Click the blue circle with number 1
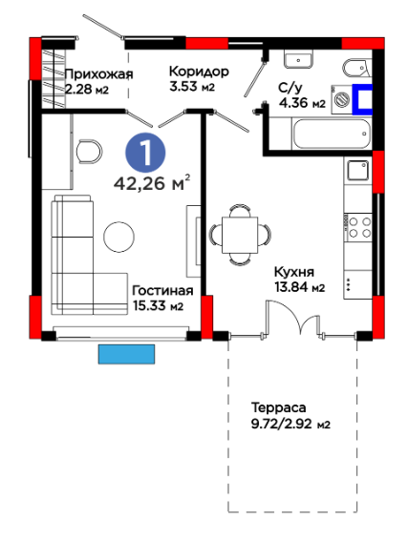coord(145,154)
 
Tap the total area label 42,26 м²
coord(152,182)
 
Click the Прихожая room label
coord(99,73)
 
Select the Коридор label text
coord(199,72)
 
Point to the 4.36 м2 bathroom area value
coord(303,103)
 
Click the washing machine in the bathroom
coord(341,99)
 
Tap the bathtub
coord(332,134)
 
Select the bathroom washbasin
coord(298,58)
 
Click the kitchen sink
coord(358,171)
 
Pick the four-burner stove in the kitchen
coord(359,227)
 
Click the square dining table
coord(240,235)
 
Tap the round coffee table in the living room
coord(119,237)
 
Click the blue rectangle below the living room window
coord(126,354)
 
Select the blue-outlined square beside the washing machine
coord(362,99)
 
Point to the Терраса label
coord(278,407)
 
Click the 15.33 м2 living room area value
coord(159,305)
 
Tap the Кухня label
coord(294,272)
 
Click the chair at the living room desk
coord(89,151)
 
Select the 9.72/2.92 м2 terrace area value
coord(290,424)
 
